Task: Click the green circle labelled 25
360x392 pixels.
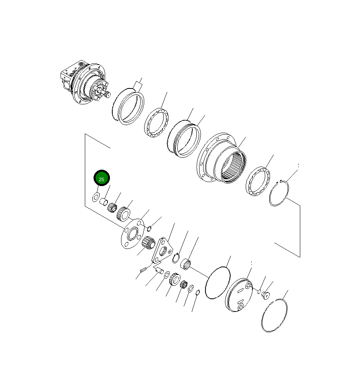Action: pyautogui.click(x=102, y=179)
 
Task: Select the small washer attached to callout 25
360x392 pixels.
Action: pyautogui.click(x=96, y=196)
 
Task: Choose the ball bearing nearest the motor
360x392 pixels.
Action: pyautogui.click(x=156, y=123)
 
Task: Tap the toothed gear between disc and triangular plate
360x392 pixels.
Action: pyautogui.click(x=149, y=243)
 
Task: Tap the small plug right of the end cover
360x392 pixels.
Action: pyautogui.click(x=266, y=295)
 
